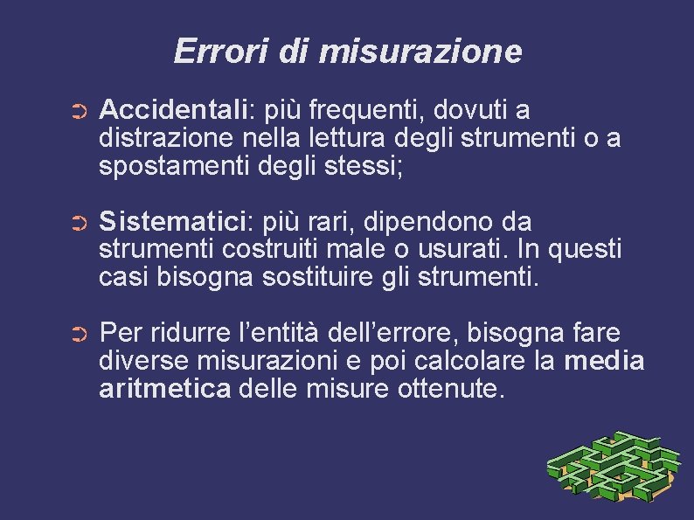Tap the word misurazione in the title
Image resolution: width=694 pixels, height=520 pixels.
pos(420,51)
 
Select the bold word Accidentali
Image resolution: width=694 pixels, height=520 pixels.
pos(175,111)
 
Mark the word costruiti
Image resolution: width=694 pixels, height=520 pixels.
pos(263,250)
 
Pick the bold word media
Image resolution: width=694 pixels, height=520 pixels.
pos(605,361)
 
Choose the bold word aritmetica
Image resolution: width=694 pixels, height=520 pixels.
pos(165,388)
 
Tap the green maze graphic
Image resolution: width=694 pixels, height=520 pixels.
pos(613,468)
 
